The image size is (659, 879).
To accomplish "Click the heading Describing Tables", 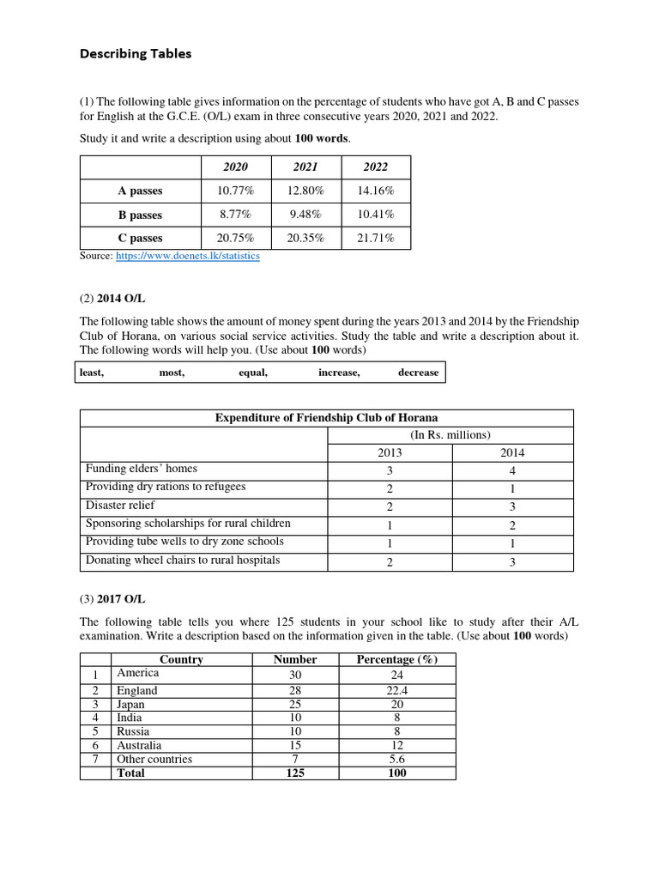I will point(136,54).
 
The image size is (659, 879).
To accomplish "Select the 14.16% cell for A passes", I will point(376,191).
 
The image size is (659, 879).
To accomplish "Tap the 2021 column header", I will point(305,167).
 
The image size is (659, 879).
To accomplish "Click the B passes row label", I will point(140,215).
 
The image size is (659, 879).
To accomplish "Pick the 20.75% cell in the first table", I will point(235,239).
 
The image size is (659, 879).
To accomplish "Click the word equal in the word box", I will point(253,373).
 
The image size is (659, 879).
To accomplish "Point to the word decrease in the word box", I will point(418,373).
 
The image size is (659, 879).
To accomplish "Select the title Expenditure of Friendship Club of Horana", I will point(326,418).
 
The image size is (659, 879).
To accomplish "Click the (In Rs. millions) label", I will point(450,435).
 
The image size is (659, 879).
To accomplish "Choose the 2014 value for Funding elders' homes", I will point(513,470).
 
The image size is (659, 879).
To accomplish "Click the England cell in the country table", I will point(137,691).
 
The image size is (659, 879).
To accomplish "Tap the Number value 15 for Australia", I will point(295,745).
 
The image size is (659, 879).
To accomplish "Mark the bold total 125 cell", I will point(295,773).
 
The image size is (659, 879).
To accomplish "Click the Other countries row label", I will point(154,759).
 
